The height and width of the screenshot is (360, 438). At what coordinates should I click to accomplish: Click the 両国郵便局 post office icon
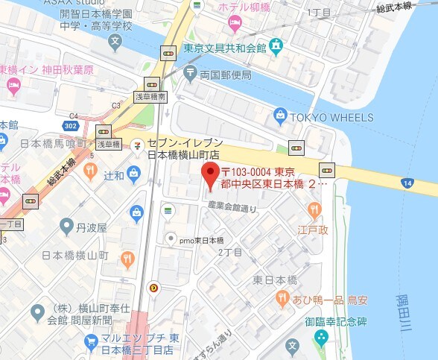click(190, 75)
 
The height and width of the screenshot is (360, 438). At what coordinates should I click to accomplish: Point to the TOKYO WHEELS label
click(333, 118)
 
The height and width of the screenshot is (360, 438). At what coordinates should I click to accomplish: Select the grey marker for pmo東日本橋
click(171, 239)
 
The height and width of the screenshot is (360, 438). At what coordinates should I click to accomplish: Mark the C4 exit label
click(73, 116)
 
